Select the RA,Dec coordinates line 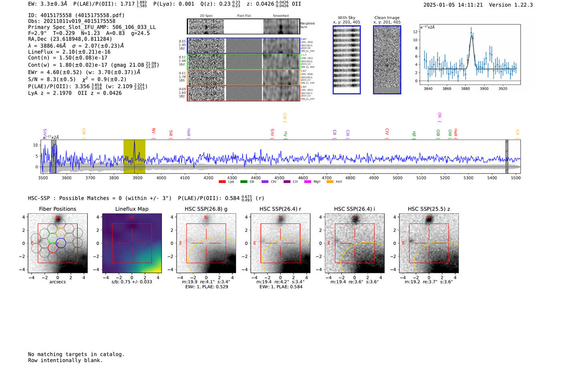pos(70,39)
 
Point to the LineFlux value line pos(69,52)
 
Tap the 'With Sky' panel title pos(346,18)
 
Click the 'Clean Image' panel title pos(387,18)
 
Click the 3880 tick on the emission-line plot pos(465,89)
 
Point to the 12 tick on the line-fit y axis pos(415,32)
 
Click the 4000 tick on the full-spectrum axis pos(161,178)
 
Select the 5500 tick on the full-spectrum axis pos(516,178)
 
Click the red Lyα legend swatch pos(222,182)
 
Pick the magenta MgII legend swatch pos(307,182)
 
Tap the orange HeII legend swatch pos(330,182)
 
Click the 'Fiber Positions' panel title pos(57,209)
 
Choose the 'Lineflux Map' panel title pos(131,209)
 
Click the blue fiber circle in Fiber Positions pos(61,243)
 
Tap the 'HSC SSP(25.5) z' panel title pos(429,209)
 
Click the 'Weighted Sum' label pos(307,25)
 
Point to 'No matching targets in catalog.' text pos(76,354)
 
